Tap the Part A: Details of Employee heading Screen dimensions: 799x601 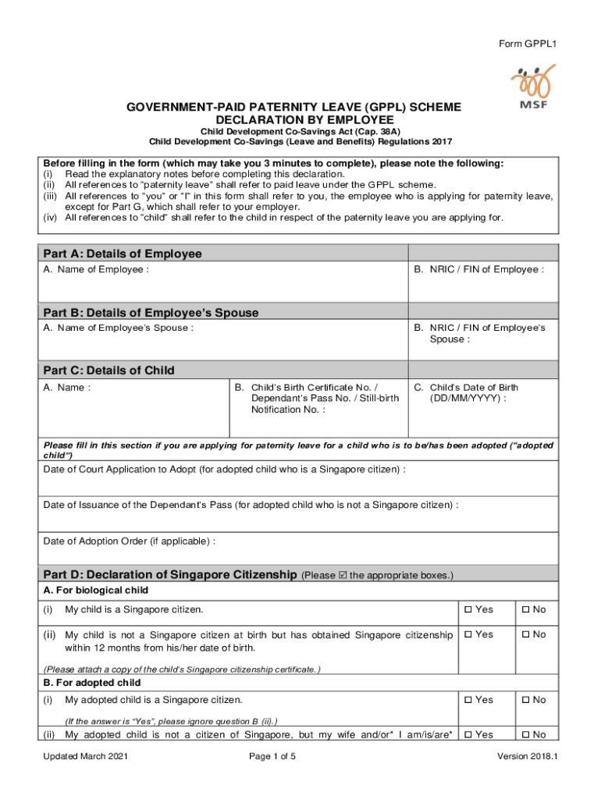pos(123,254)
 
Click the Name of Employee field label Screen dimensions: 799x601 pos(96,270)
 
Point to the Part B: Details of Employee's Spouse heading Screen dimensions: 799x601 pos(151,312)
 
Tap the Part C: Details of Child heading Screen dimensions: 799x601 pos(108,370)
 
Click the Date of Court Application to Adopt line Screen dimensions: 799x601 pos(224,469)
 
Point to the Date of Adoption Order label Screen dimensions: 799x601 pos(129,541)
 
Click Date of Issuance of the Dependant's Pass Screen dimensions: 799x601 pos(251,505)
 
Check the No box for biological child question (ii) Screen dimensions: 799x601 pos(525,634)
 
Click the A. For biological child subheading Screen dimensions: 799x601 pos(95,590)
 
